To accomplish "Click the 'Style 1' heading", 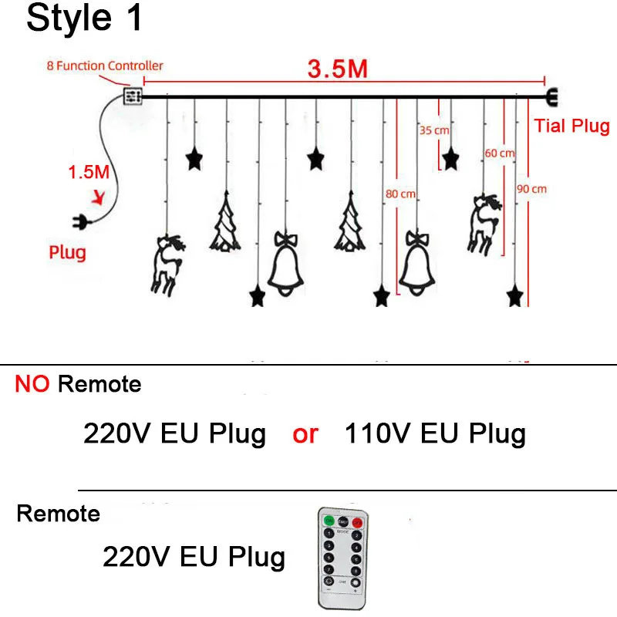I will tap(85, 19).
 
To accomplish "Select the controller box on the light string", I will tap(133, 96).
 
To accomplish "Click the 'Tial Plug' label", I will tap(571, 126).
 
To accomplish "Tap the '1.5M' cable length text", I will tap(89, 172).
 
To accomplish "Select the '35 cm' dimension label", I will tap(434, 130).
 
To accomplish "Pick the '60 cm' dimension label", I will tap(499, 153).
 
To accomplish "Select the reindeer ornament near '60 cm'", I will tap(481, 221).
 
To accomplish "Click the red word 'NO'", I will tap(32, 384).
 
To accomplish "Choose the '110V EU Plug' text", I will tap(435, 433).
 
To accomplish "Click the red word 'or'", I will tap(305, 434).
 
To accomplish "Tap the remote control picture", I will tap(341, 556).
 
